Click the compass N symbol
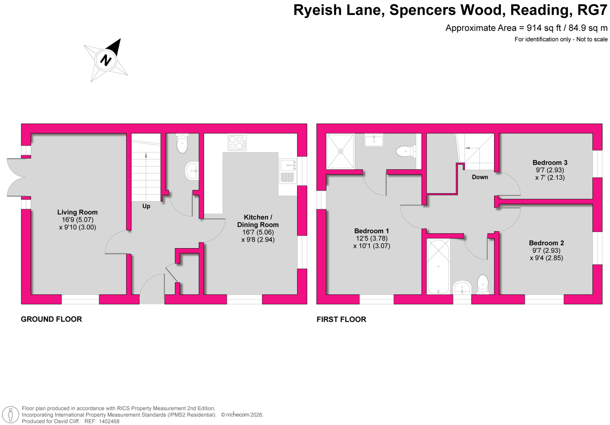point(106,60)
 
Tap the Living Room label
point(77,212)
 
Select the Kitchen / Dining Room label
point(258,221)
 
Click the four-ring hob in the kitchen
point(237,143)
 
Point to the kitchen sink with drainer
point(288,171)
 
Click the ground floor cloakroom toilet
point(182,143)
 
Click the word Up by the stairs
point(146,206)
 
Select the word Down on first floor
point(480,177)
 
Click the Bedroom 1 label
point(371,231)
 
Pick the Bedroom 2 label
point(546,243)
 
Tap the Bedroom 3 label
point(550,163)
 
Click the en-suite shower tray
point(340,151)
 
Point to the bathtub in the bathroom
point(438,266)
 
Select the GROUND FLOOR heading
point(51,319)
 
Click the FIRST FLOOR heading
point(341,319)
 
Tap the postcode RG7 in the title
point(592,10)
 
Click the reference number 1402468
point(109,421)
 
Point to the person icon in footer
point(11,415)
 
